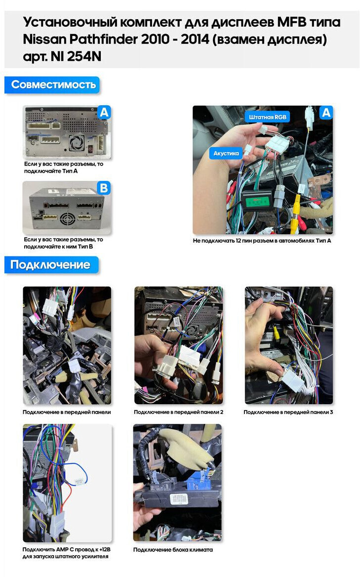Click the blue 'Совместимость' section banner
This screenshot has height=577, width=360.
click(x=52, y=84)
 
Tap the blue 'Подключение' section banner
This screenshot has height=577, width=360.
click(x=51, y=265)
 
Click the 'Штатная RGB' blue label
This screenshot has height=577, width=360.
click(x=267, y=117)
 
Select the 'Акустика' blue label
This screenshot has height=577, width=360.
click(x=226, y=153)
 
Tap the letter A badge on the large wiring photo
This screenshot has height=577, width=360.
click(x=326, y=113)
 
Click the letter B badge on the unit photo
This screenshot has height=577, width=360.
click(x=104, y=188)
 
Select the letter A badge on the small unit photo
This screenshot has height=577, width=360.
click(x=104, y=112)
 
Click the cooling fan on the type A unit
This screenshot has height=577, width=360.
click(x=76, y=142)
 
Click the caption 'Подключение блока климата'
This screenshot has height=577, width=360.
click(x=173, y=549)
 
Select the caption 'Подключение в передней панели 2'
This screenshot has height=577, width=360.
click(x=178, y=412)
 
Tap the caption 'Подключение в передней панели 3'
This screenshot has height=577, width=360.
click(x=288, y=412)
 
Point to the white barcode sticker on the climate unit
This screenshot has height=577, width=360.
click(x=178, y=499)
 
